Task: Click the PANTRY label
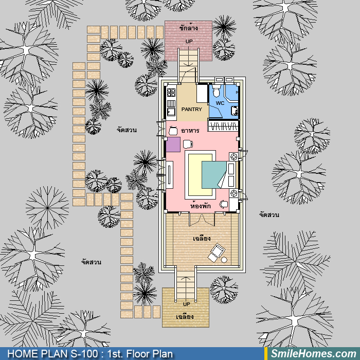pos(191,109)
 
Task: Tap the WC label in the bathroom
pos(220,103)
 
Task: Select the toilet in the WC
pos(217,91)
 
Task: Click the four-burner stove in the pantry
pos(171,92)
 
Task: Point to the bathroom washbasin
pos(235,111)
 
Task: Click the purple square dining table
pos(173,145)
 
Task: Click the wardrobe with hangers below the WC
pos(223,125)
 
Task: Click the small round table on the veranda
pos(224,260)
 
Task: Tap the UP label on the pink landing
pos(189,41)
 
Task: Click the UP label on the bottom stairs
pos(186,304)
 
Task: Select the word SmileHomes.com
pos(314,354)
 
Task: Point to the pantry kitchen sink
pos(171,112)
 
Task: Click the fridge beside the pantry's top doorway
pos(202,94)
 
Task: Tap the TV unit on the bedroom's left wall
pos(169,175)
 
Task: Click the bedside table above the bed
pos(234,157)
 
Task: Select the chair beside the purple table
pos(188,144)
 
